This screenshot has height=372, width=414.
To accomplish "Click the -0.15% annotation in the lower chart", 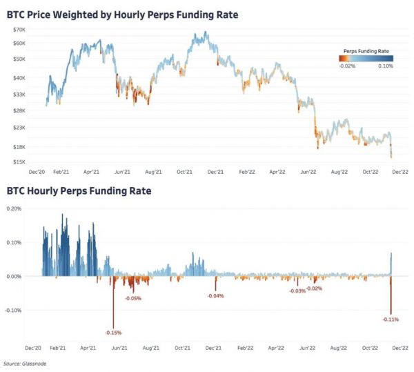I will (114, 333).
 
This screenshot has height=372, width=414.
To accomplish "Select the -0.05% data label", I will (133, 298).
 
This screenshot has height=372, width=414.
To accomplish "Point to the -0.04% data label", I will (215, 295).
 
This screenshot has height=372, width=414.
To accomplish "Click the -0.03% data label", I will (297, 291).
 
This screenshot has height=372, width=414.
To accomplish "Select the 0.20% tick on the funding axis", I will (16, 208).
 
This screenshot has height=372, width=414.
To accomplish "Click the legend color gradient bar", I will (366, 59).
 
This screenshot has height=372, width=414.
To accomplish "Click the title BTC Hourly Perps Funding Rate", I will (79, 190).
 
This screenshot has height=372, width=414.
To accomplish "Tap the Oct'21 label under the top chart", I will (184, 173).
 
